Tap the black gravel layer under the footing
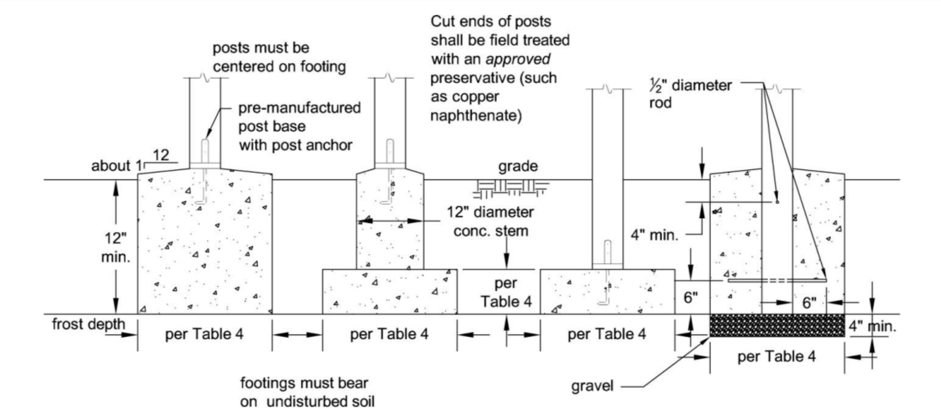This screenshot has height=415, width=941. coord(777,325)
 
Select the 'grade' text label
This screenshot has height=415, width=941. coord(518,166)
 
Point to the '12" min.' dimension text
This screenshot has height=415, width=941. coord(116,248)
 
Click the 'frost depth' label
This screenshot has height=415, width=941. coord(89,324)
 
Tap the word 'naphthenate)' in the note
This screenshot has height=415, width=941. coord(476,116)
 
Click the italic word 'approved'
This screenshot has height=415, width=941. coord(518,59)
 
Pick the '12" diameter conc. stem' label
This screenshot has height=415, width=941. coord(491,222)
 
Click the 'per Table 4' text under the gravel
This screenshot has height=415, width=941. coord(777,356)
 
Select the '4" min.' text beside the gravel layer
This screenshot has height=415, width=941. coord(872,326)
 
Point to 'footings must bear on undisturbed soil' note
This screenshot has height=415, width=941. coord(307,392)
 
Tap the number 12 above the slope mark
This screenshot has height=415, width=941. coord(161,155)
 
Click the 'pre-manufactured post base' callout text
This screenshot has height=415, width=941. coord(299,117)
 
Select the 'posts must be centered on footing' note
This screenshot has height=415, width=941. coord(279,57)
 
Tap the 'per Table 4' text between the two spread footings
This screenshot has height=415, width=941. coord(506,292)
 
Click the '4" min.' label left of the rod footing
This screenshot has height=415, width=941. coord(655,236)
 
